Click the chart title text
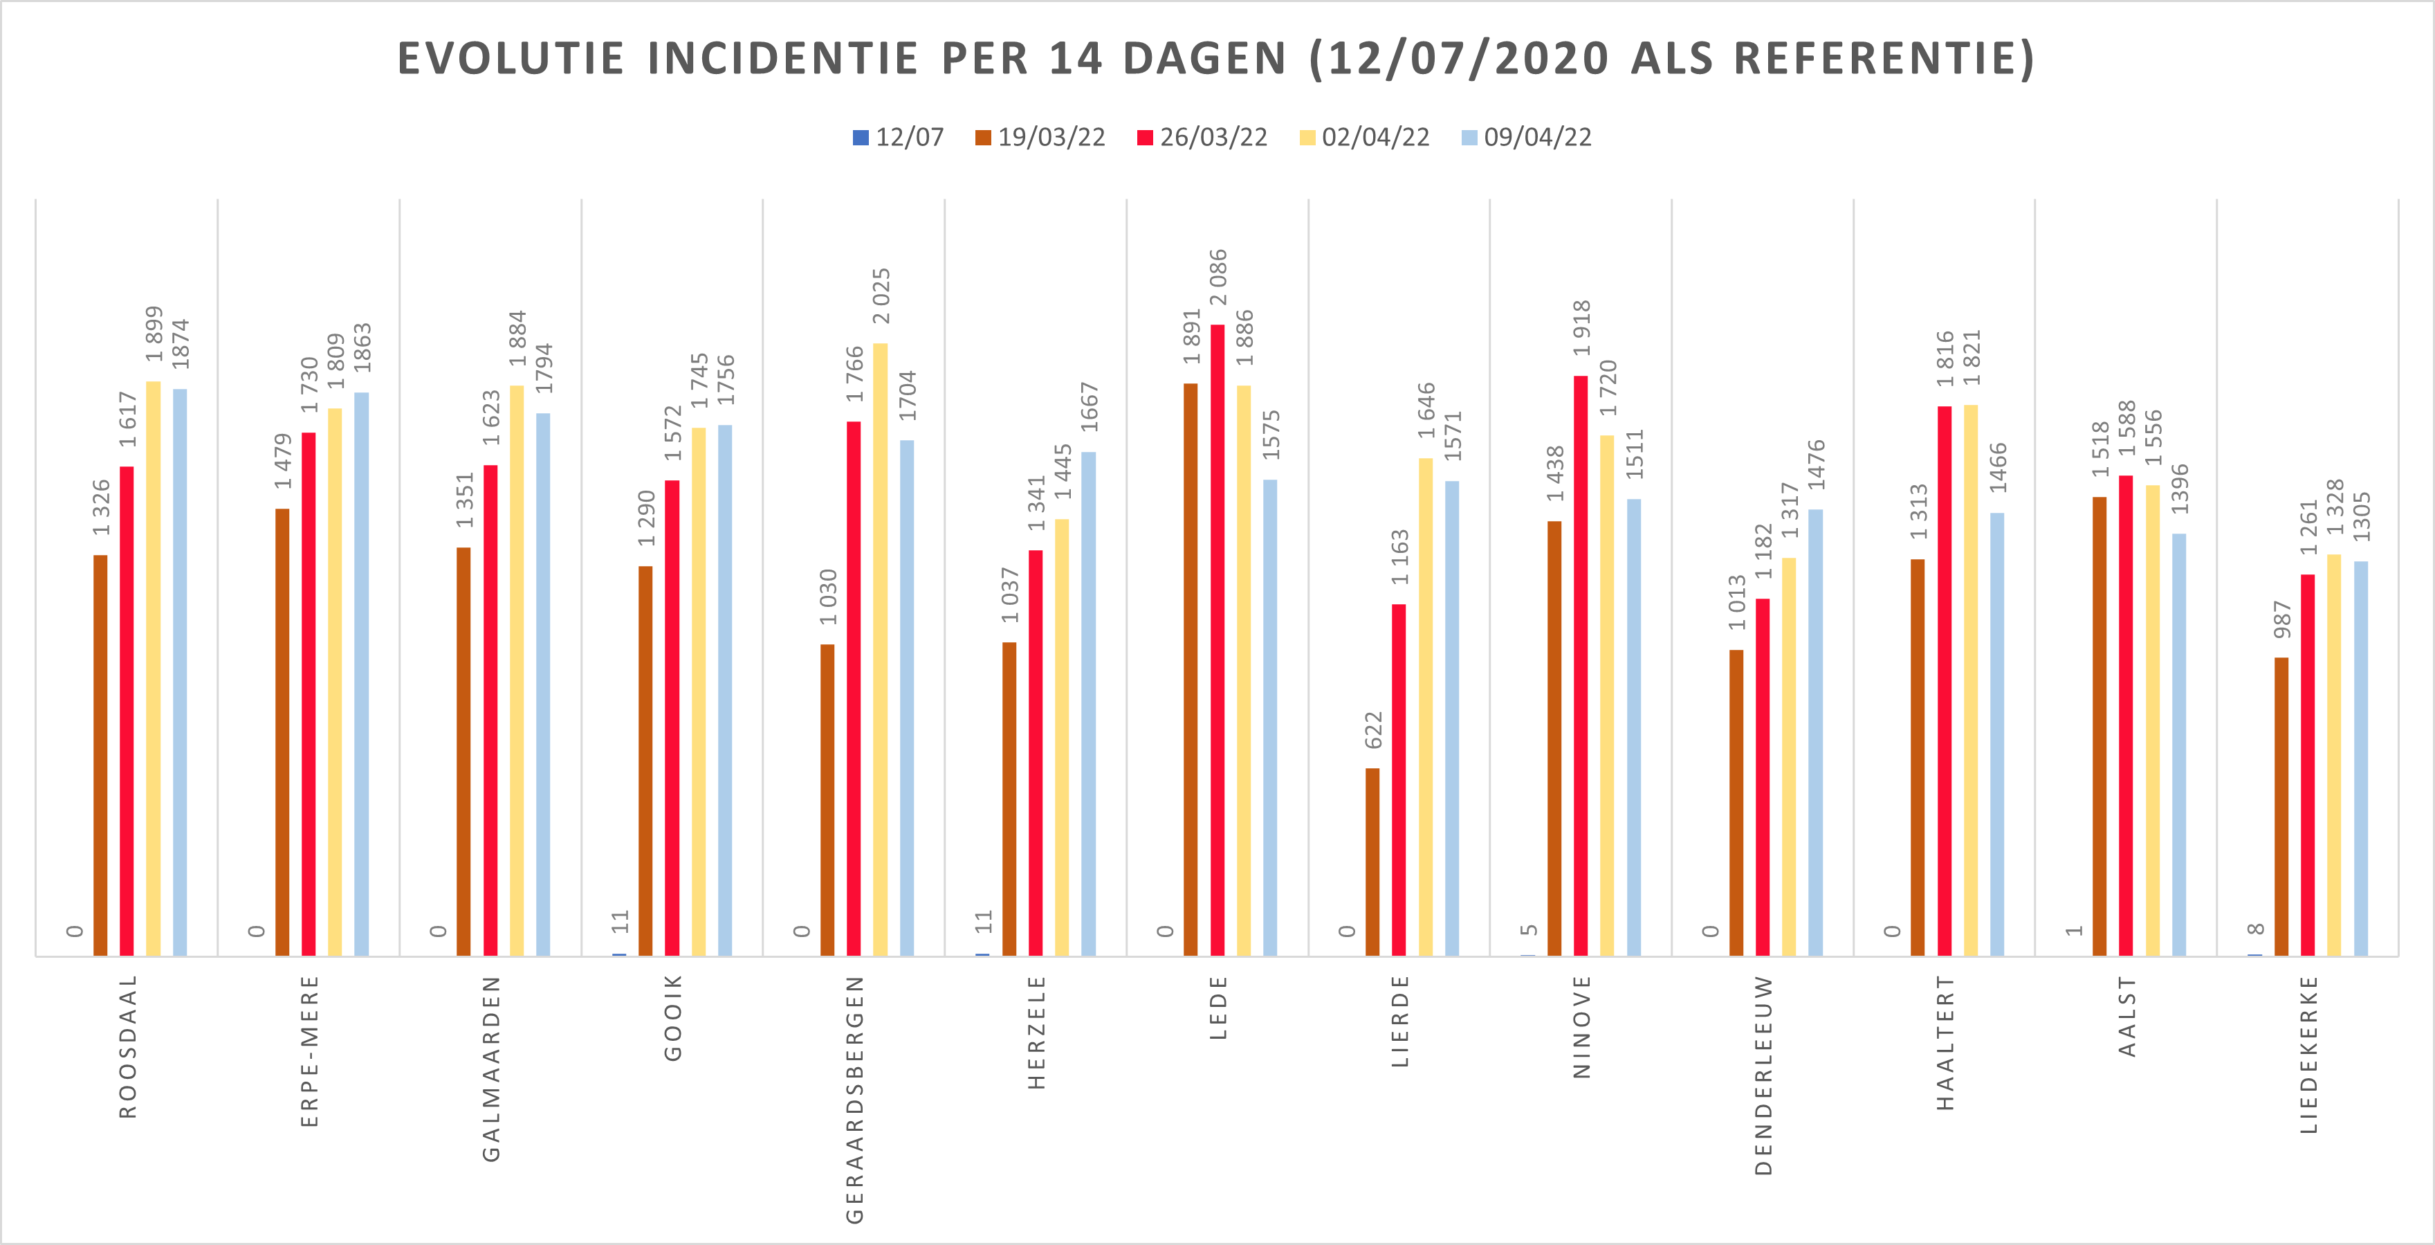point(1215,59)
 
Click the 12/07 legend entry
point(898,138)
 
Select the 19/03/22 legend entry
point(1040,138)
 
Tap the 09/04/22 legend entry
point(1527,138)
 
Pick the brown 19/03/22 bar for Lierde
point(1372,862)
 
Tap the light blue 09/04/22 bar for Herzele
point(1089,705)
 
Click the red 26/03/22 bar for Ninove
point(1581,666)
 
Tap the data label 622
point(1373,730)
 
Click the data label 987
point(2282,619)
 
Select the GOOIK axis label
point(673,1018)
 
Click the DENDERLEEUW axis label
point(1763,1075)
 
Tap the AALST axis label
point(2127,1016)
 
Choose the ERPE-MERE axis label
point(309,1051)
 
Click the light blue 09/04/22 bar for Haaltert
point(1997,734)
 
